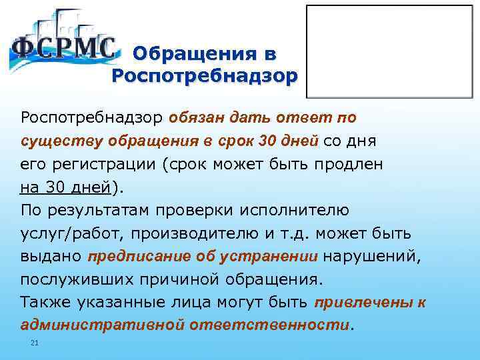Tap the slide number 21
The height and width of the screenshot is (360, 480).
[x=35, y=343]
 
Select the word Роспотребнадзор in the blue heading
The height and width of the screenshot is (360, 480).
[x=202, y=75]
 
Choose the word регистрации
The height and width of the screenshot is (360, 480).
[x=95, y=165]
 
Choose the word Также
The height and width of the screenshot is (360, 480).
[x=45, y=303]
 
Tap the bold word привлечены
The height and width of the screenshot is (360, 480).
[x=364, y=303]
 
